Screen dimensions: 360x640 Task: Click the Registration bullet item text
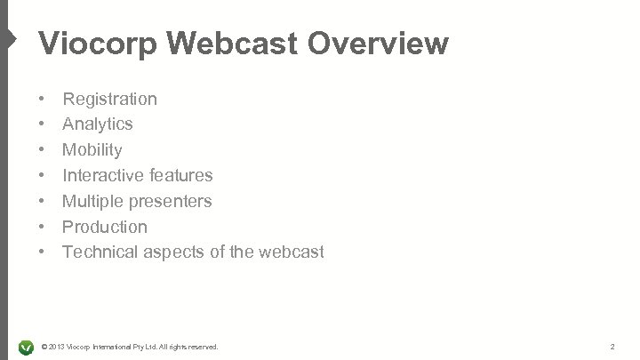(x=109, y=99)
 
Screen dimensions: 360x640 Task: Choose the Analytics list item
(x=98, y=124)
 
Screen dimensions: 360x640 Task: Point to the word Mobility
(x=92, y=150)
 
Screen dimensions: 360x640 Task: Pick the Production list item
(x=105, y=227)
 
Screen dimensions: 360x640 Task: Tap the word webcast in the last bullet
(x=292, y=252)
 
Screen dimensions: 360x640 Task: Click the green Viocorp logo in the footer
(x=26, y=345)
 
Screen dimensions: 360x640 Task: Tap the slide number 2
(x=612, y=345)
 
